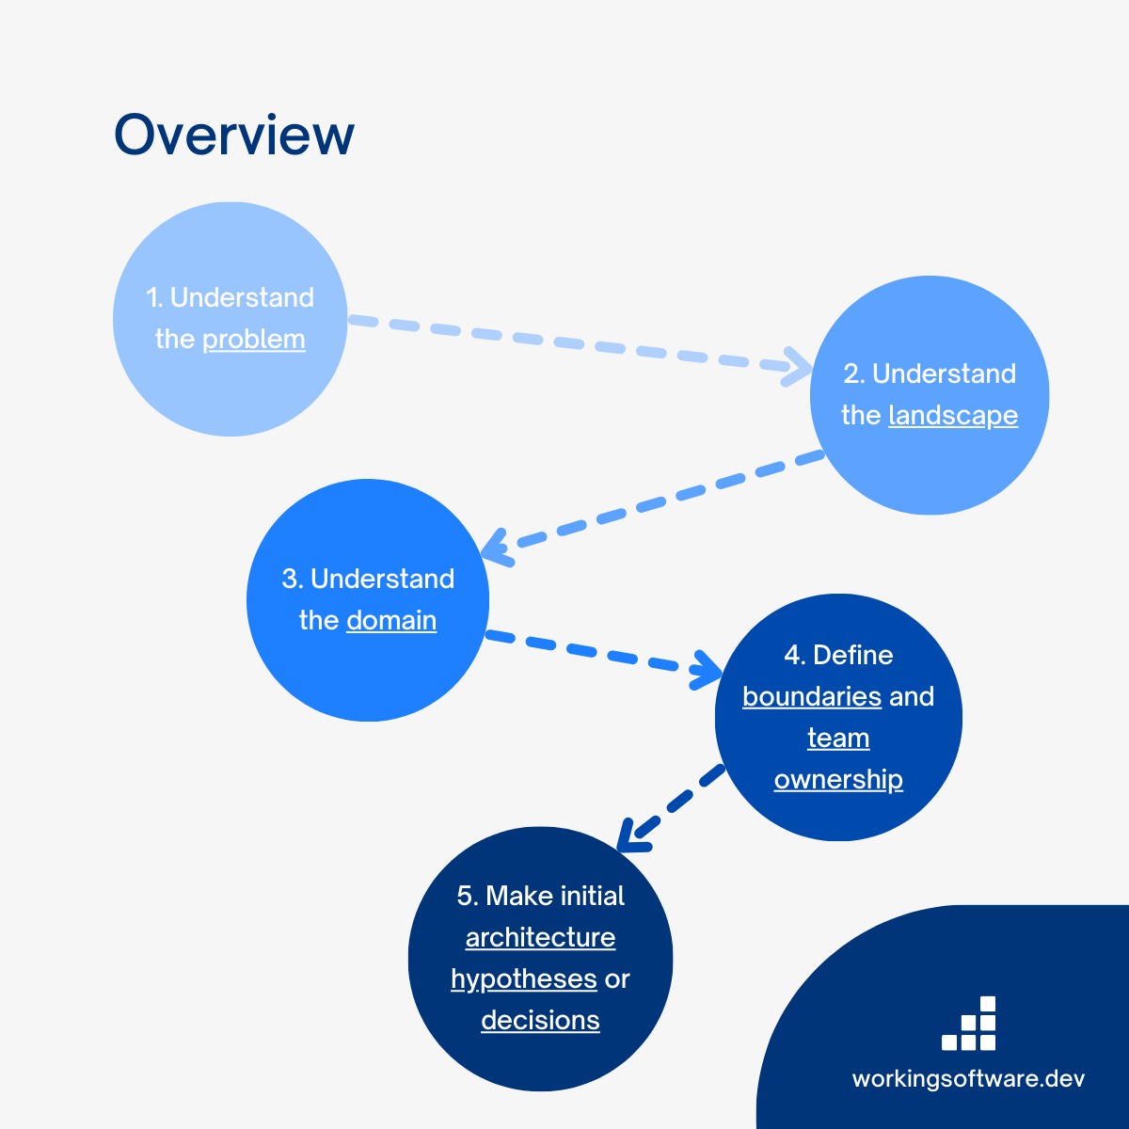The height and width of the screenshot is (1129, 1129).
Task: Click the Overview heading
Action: tap(234, 135)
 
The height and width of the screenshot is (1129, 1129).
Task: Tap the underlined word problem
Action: tap(254, 339)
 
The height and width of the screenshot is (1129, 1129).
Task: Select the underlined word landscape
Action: tap(953, 415)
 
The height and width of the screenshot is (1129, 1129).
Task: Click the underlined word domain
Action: tap(391, 620)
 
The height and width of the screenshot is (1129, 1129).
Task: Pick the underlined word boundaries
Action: tap(812, 696)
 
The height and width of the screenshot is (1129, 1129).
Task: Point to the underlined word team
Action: tap(838, 738)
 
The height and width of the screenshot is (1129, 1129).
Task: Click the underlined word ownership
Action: tap(838, 779)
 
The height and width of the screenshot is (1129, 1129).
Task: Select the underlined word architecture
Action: tap(540, 937)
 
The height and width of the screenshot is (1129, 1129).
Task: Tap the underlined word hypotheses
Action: tap(524, 979)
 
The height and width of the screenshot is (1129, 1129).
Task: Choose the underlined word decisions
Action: tap(540, 1020)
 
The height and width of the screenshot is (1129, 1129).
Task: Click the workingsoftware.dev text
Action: tap(968, 1078)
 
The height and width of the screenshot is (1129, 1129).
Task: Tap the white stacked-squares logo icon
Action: tap(969, 1025)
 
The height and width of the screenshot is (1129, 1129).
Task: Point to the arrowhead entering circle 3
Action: tap(494, 548)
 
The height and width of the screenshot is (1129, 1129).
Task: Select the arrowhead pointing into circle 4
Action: tap(708, 670)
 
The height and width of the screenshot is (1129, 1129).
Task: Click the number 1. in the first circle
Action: tap(155, 297)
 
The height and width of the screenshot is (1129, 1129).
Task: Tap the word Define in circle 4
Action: tap(852, 655)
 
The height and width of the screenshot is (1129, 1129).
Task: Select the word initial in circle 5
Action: tap(592, 896)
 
